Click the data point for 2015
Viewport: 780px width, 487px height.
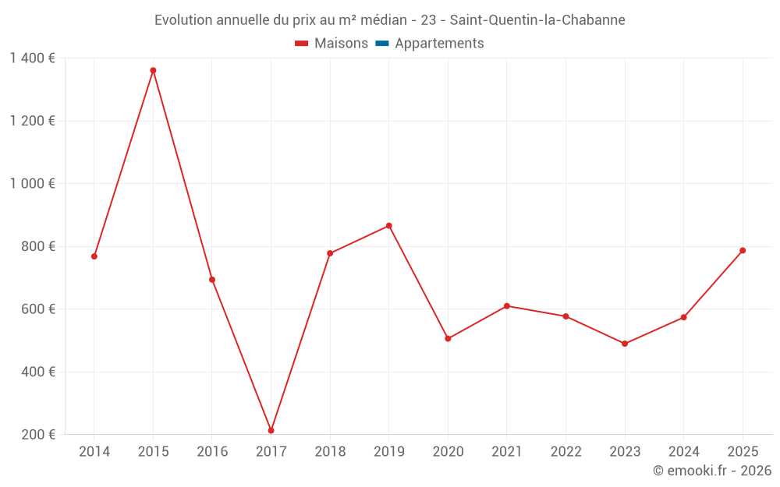[153, 70]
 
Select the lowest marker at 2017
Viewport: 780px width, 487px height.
[271, 430]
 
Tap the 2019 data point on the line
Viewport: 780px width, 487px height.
[389, 226]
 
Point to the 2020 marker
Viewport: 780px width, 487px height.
[448, 339]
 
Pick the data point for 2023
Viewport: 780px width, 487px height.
[625, 344]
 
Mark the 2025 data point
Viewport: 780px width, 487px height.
[743, 250]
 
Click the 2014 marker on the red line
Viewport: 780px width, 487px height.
[94, 256]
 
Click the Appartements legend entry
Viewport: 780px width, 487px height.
[439, 44]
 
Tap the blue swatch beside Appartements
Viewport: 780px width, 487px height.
[382, 44]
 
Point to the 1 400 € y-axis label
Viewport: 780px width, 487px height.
[32, 58]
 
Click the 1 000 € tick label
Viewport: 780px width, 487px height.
[32, 184]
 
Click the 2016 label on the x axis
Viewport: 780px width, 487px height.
[212, 452]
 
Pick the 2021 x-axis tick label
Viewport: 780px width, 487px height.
[507, 452]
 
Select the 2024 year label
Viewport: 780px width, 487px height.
[683, 452]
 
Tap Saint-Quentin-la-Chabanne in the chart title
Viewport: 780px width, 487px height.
[537, 20]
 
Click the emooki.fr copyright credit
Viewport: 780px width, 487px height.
[712, 471]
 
